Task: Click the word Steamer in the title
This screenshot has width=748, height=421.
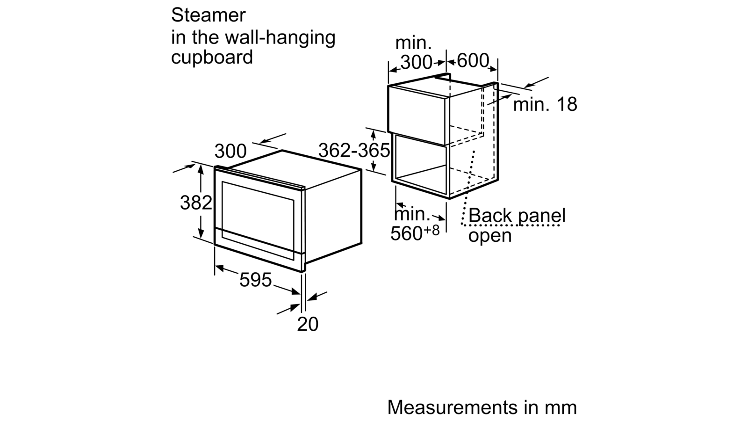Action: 208,15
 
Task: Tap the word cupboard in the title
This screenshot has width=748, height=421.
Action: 212,58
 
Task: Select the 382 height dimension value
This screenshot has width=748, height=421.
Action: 196,203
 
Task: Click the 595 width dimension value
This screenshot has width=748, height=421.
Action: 255,280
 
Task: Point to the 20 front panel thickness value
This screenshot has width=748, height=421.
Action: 308,324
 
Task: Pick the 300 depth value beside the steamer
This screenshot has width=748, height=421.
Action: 230,151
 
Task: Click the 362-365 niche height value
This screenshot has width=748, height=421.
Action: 354,150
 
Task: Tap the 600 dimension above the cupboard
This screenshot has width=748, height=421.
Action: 473,61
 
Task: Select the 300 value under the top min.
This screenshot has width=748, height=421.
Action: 416,62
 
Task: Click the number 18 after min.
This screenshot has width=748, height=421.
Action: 567,104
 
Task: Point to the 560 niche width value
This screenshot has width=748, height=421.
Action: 407,233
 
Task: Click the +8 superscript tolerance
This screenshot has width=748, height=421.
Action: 432,230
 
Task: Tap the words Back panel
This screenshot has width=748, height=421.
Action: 517,216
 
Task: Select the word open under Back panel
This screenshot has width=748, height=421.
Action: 490,236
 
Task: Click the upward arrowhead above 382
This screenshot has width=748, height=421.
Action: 201,169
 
